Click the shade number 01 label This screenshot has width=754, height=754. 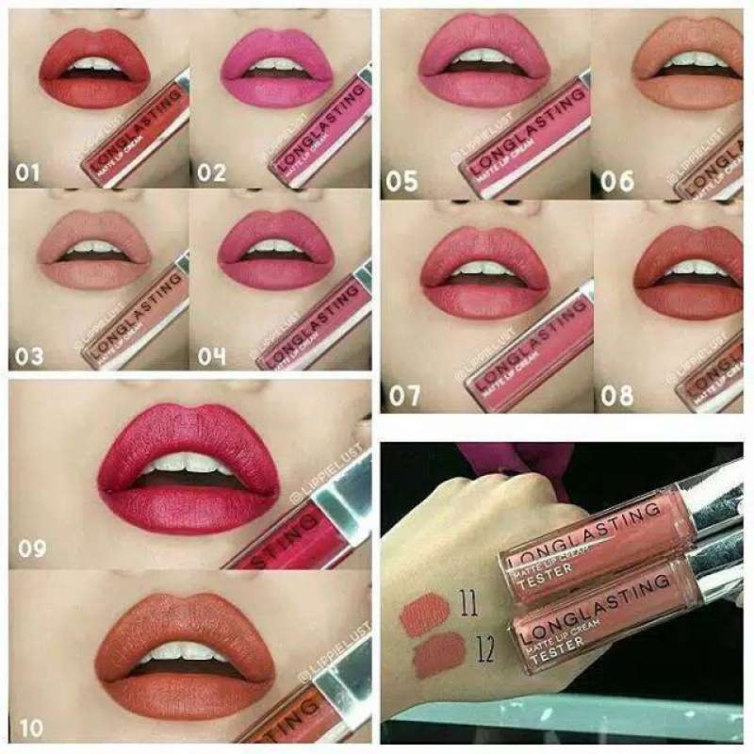tap(29, 173)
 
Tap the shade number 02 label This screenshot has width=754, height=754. tap(212, 173)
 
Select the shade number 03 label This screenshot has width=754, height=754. tap(29, 356)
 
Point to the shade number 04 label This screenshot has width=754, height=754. tap(212, 356)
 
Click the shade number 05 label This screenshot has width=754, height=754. tap(402, 181)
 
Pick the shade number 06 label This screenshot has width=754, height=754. tap(617, 181)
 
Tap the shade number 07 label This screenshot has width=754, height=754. tap(404, 395)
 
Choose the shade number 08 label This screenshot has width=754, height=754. tap(617, 395)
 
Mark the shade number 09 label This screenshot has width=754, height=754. tap(32, 548)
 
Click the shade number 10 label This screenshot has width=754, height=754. tap(29, 728)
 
